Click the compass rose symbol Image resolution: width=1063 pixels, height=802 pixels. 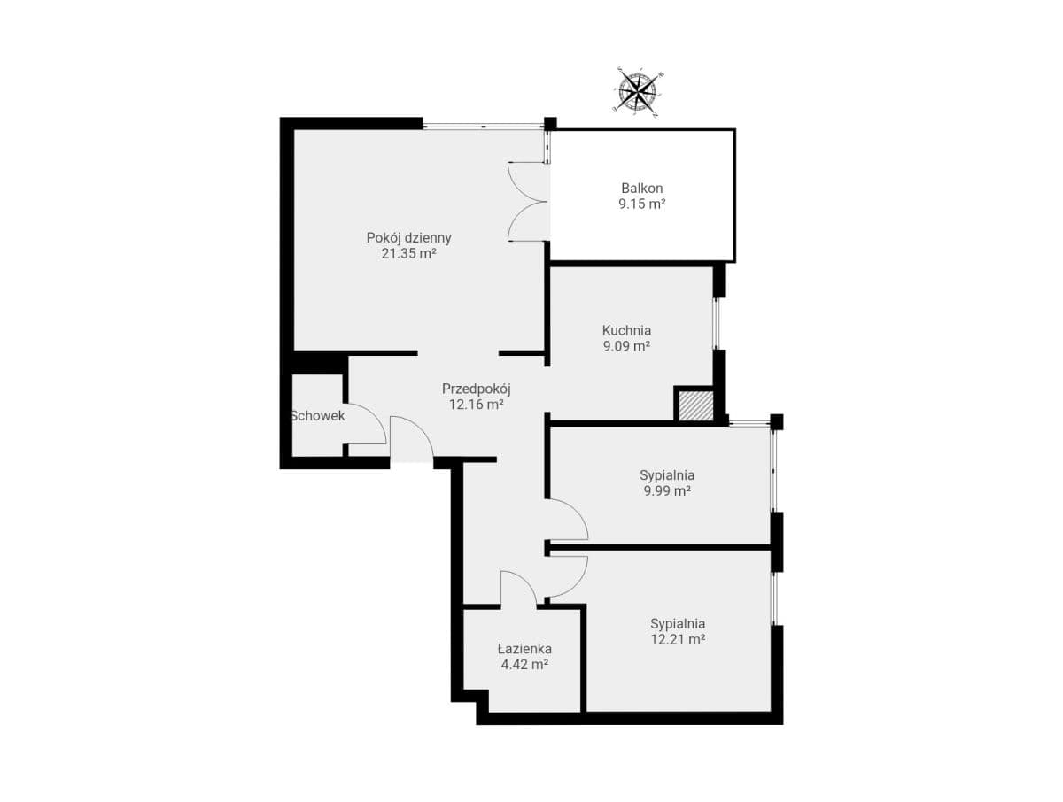[x=637, y=91]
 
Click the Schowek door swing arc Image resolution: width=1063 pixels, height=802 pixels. [x=376, y=414]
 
